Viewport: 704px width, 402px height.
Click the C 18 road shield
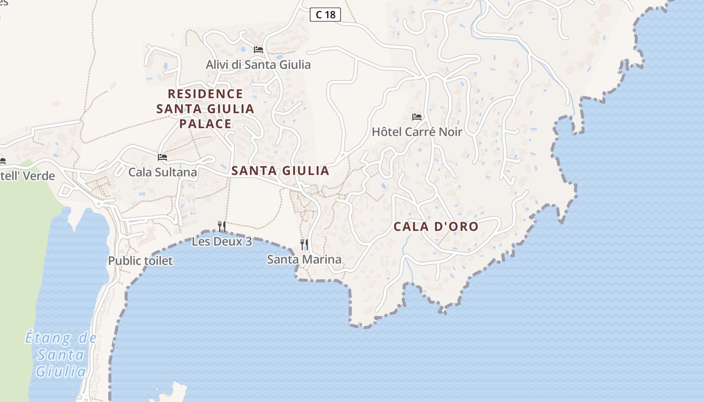click(325, 15)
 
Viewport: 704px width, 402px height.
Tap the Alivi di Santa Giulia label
click(258, 65)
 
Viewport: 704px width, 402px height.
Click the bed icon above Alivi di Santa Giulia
click(258, 50)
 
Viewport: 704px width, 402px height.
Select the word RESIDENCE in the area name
click(205, 94)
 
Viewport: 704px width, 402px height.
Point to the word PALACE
click(205, 124)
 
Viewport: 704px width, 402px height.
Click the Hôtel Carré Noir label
click(416, 132)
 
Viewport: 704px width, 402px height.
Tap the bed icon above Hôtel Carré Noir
click(416, 117)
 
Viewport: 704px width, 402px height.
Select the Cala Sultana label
click(162, 172)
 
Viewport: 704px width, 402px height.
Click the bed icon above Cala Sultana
click(162, 157)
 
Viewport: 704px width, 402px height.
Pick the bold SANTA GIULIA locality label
click(280, 171)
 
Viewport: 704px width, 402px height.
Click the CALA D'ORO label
click(435, 227)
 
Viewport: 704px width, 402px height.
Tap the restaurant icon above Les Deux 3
click(221, 226)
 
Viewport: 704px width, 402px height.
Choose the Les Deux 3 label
click(221, 242)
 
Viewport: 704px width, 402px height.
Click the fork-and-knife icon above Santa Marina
click(304, 244)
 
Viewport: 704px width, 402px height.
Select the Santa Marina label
click(304, 260)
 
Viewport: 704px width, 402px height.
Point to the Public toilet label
click(140, 261)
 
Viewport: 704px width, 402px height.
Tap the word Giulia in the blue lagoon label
click(60, 372)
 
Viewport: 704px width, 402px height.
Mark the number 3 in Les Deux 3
click(248, 242)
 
